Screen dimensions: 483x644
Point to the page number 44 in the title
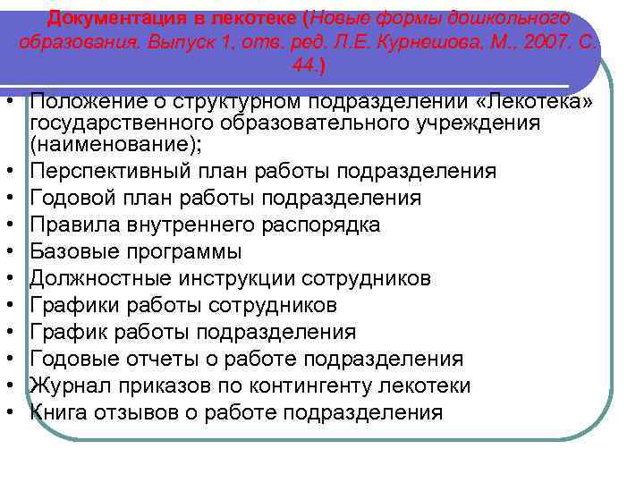tap(305, 67)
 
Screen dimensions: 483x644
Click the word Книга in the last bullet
tap(59, 412)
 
